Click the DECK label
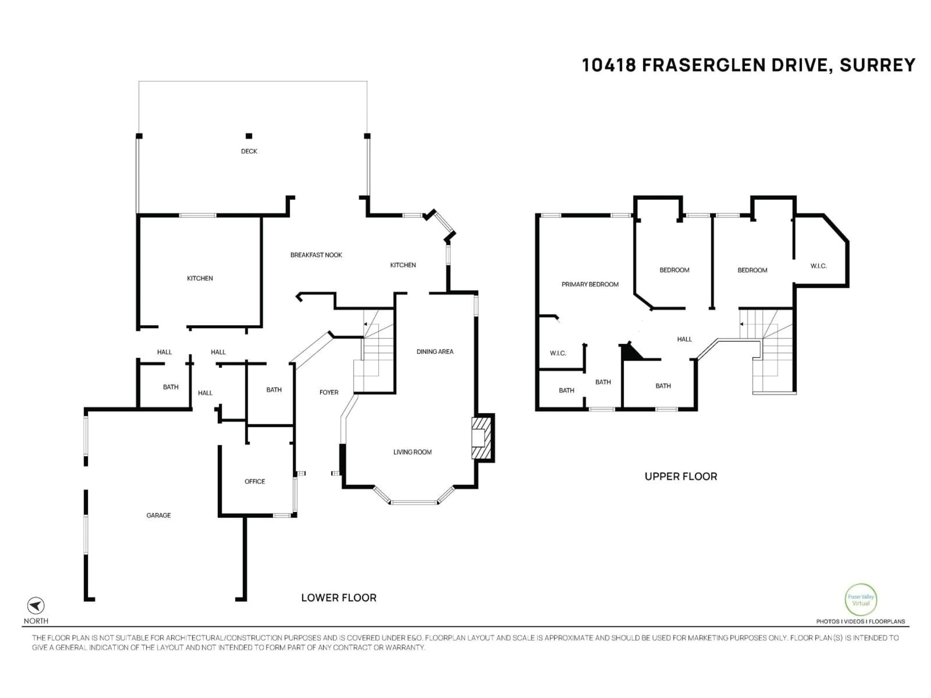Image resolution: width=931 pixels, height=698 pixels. [249, 151]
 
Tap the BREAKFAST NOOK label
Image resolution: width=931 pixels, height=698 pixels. [316, 255]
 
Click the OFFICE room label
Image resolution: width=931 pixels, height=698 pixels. [255, 481]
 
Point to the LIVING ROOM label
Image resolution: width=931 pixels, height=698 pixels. [412, 452]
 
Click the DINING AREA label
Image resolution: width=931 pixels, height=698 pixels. [435, 352]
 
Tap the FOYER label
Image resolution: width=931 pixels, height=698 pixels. [329, 392]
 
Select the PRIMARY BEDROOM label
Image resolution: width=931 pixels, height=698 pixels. [590, 285]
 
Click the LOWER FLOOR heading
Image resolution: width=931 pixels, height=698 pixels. [338, 598]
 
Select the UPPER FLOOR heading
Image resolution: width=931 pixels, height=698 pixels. [681, 477]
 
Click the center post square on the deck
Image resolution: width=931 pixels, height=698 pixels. [249, 136]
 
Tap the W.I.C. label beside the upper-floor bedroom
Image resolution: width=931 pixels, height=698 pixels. [818, 266]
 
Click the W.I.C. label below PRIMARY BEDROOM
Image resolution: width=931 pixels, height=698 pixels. [558, 353]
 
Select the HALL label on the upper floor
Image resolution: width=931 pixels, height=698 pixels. [684, 339]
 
